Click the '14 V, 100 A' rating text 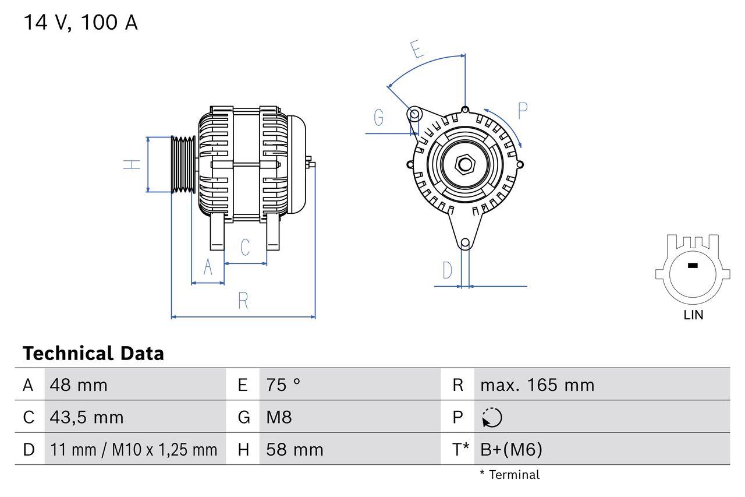80,23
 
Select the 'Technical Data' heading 93,354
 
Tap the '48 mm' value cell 79,385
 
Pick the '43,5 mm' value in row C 87,417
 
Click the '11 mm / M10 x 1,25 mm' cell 133,449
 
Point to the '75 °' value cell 283,385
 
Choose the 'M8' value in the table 279,417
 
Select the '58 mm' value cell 295,449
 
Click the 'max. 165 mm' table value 537,385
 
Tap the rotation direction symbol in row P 492,418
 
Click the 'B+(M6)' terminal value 511,449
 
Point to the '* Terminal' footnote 509,475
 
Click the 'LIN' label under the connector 693,315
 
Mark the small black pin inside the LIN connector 692,266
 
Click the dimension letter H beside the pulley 133,164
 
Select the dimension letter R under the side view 243,301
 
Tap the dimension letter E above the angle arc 416,50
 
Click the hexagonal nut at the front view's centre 464,164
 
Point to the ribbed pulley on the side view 183,165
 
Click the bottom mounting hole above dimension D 465,243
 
